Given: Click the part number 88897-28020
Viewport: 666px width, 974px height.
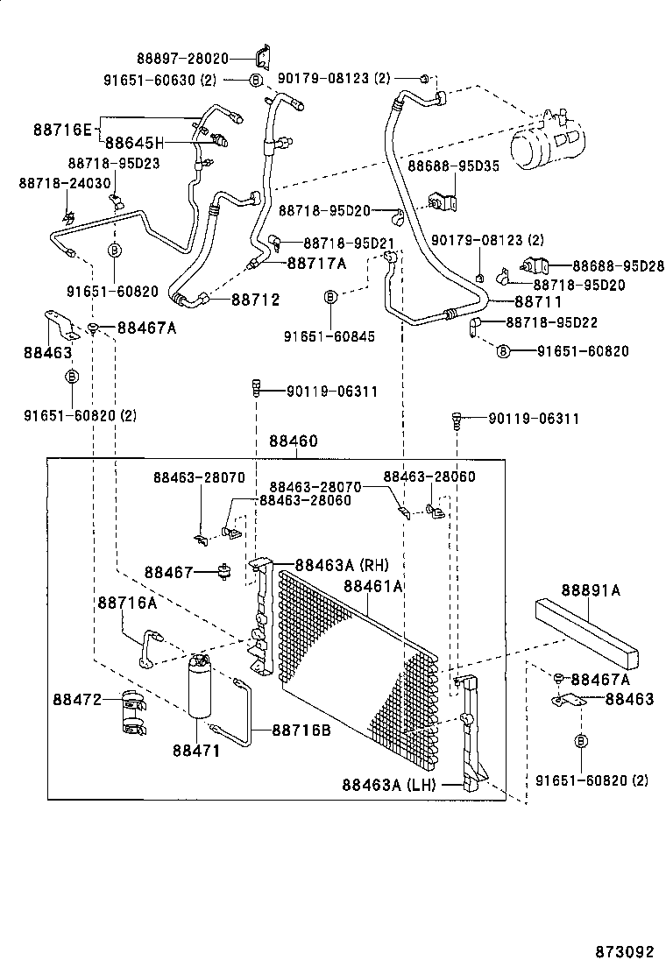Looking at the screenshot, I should coord(185,59).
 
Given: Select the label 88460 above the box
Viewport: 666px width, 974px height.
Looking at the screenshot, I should coord(293,442).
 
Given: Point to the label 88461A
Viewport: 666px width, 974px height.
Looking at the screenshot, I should coord(372,586).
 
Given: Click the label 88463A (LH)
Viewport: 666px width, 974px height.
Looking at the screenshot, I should coord(388,785).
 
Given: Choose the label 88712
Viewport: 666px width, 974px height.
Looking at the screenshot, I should coord(256,300).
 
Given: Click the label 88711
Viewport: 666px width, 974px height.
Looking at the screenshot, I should coord(537,301).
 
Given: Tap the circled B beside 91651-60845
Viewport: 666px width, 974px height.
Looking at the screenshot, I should coord(330,297).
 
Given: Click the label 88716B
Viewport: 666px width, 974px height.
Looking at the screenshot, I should coord(301,729).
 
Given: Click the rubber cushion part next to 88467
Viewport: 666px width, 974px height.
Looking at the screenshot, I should coord(225,573).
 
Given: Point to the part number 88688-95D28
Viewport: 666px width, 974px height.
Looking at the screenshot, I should coord(620,265).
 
